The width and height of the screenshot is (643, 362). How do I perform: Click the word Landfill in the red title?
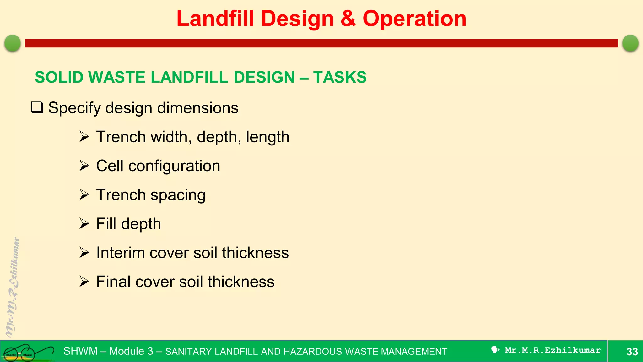[x=215, y=19]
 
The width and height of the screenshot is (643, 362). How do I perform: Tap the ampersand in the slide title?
[x=348, y=19]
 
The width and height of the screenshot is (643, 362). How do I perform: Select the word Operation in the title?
[x=414, y=19]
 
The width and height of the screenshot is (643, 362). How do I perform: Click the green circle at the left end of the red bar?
[x=13, y=43]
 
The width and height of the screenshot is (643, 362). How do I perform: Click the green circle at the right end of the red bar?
[x=630, y=43]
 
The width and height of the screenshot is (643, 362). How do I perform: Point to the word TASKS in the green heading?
[x=340, y=77]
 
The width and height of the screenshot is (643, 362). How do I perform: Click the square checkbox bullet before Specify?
[x=37, y=107]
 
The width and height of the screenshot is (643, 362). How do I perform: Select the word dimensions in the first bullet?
[x=197, y=108]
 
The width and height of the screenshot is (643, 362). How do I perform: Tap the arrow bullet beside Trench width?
[x=84, y=137]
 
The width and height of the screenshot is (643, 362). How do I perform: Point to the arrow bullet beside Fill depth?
[x=84, y=224]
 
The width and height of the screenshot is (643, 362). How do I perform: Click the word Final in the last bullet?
[x=113, y=282]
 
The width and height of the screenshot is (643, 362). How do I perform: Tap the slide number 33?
[x=632, y=351]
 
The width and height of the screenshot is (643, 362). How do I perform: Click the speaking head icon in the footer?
[x=495, y=350]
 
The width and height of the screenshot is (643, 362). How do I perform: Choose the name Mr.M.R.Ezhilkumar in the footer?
[x=553, y=350]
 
